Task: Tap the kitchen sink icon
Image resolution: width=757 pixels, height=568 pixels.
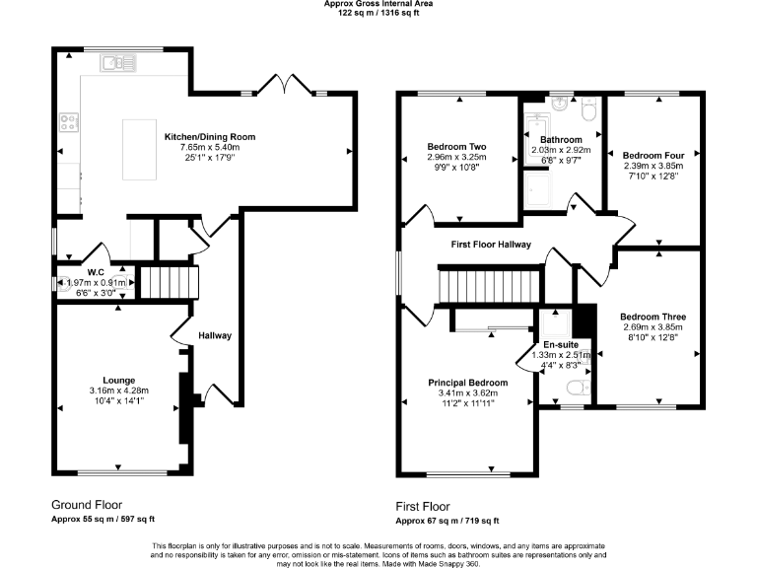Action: tap(118, 65)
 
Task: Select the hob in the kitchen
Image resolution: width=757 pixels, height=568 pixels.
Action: tap(70, 123)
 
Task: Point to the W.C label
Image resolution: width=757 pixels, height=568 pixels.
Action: tap(96, 272)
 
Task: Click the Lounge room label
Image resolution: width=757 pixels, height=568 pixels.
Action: tap(119, 380)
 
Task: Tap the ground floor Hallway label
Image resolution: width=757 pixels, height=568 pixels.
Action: tap(215, 335)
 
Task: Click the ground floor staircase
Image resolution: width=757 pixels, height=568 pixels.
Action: tap(168, 281)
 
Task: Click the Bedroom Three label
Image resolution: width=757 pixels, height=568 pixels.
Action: tap(646, 317)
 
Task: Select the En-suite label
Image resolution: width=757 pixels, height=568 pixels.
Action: tap(560, 344)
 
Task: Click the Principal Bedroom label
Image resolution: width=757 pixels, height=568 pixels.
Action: tap(468, 383)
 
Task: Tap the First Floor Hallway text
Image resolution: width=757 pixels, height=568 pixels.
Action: tap(491, 245)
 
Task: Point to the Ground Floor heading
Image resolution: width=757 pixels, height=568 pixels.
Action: tap(88, 503)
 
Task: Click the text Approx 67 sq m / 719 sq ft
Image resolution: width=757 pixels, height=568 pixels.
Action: tap(447, 520)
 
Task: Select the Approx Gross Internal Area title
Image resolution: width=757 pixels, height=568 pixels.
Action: tap(378, 4)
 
